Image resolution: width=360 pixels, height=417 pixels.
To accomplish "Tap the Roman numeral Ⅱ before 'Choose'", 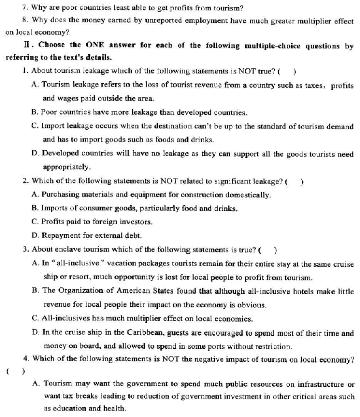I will [27, 45].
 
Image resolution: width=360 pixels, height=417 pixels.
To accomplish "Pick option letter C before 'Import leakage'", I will [34, 126].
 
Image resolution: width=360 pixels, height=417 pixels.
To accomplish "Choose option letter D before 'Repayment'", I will [34, 235].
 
